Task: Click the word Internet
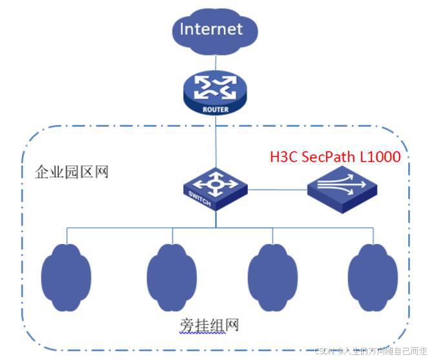point(211,29)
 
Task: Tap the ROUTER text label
point(216,109)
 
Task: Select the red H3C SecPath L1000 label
point(335,157)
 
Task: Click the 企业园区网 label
point(71,172)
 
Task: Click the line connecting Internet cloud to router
point(216,62)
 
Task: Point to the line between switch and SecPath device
point(278,190)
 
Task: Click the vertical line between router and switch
point(216,142)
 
